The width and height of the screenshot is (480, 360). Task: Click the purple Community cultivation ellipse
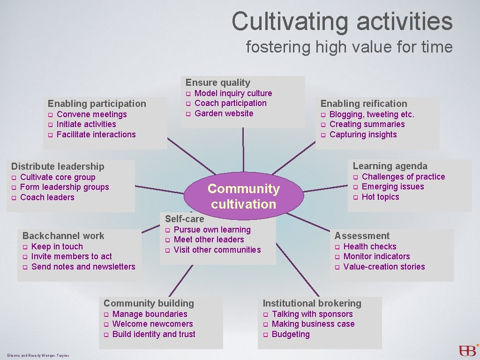point(243,196)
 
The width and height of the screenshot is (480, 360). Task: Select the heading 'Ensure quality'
point(217,82)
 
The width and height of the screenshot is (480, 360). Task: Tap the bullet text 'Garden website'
point(224,113)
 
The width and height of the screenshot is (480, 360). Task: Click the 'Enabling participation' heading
point(97,104)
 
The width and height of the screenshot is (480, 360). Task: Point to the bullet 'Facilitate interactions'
point(96,135)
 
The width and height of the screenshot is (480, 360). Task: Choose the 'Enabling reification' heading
point(363,104)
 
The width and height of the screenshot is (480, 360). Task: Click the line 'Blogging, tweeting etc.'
point(372,114)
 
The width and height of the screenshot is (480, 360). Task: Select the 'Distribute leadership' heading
point(58,166)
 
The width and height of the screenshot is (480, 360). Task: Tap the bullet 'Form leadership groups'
point(64,187)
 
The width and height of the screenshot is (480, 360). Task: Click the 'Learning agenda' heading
point(390,166)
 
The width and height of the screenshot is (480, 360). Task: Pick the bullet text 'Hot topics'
point(380,197)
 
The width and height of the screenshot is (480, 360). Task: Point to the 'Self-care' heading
point(184,219)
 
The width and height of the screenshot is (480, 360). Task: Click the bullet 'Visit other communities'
point(217,250)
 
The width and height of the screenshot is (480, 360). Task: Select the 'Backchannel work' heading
point(63,236)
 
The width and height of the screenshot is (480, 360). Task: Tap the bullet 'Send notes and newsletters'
point(83,267)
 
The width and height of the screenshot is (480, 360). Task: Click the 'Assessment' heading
point(361,236)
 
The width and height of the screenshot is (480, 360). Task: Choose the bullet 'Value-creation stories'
point(384,267)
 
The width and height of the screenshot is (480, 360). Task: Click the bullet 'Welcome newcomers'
point(152,324)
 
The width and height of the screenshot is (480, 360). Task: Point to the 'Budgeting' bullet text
point(291,334)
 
